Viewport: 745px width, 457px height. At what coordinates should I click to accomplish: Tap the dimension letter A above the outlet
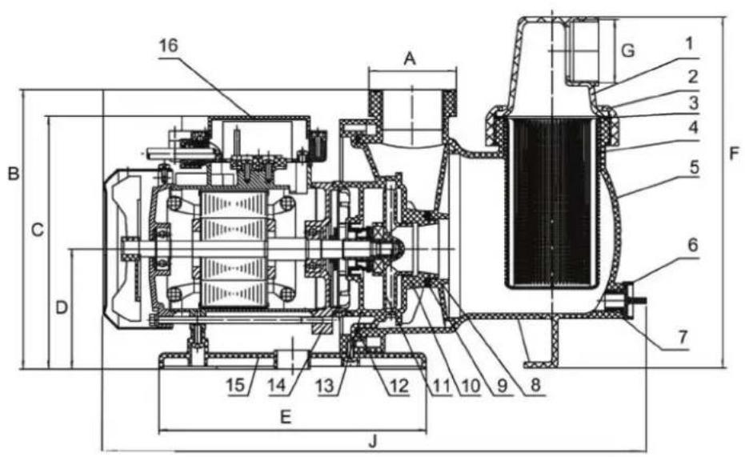coord(411,58)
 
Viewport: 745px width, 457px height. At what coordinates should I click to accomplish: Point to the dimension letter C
coord(37,230)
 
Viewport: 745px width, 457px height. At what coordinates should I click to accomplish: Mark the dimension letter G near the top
coord(628,51)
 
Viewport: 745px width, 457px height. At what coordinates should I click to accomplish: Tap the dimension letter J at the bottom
coord(372,441)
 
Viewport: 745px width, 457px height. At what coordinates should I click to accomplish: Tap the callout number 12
coord(398,385)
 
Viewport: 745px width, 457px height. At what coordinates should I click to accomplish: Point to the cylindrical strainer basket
coord(552,200)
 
